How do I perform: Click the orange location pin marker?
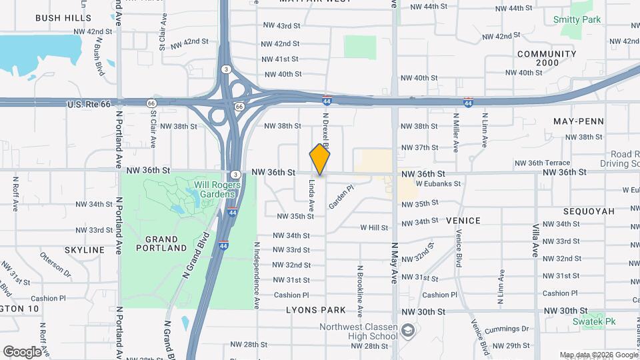(x=320, y=159)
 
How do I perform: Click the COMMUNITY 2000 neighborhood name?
(x=546, y=58)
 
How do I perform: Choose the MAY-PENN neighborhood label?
(x=579, y=121)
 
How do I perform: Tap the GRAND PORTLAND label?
(x=161, y=243)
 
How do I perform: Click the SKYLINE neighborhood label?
(x=85, y=250)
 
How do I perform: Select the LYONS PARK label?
(x=316, y=310)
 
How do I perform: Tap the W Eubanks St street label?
(x=438, y=183)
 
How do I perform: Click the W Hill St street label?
(x=374, y=227)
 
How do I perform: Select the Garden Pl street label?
(x=339, y=199)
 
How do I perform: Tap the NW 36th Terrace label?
(x=542, y=163)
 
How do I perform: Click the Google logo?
(x=22, y=351)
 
